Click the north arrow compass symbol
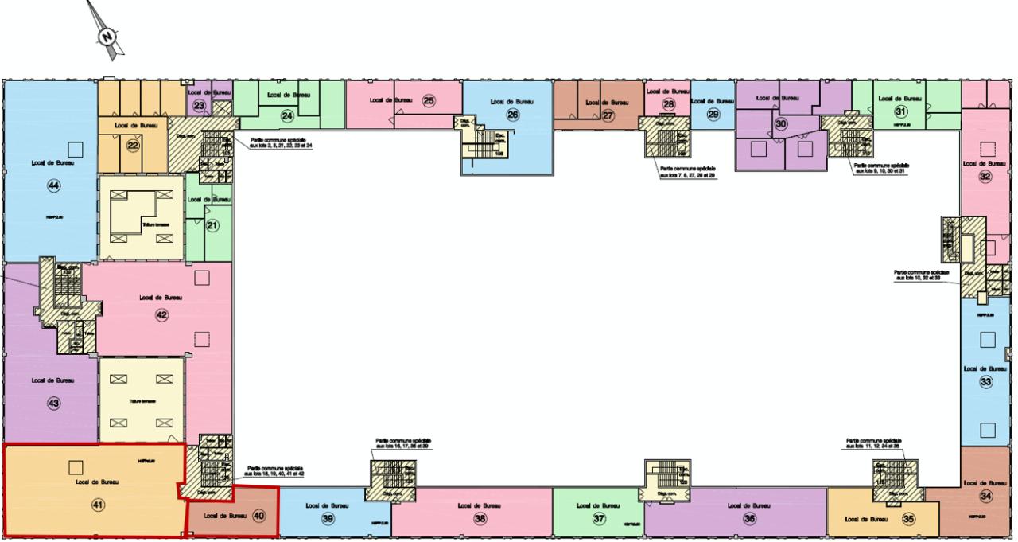click(x=109, y=34)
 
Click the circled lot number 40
click(x=258, y=515)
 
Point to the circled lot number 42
click(x=161, y=314)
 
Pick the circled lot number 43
click(x=54, y=404)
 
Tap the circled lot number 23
click(x=200, y=106)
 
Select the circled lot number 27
click(x=608, y=115)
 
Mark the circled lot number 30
click(x=781, y=124)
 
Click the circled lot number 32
click(x=985, y=177)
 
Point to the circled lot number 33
click(x=986, y=382)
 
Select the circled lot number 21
click(x=212, y=225)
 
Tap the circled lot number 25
click(x=429, y=101)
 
